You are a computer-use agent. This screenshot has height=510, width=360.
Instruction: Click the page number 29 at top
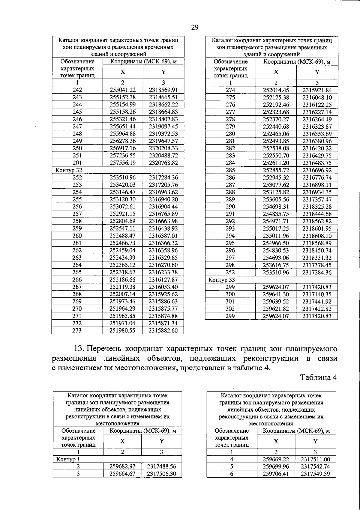tap(195, 28)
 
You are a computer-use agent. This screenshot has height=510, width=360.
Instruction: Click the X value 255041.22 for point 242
tap(123, 90)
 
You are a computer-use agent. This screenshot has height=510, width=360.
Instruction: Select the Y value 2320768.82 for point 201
tap(163, 163)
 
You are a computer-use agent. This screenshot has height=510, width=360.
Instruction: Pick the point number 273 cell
tap(77, 330)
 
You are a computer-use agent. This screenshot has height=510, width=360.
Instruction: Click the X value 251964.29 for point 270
tap(123, 309)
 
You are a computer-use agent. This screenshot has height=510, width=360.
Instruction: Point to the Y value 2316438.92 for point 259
tap(163, 228)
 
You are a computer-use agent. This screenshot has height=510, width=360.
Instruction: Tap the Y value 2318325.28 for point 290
tap(317, 207)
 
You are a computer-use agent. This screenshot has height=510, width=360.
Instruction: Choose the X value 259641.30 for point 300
tap(276, 294)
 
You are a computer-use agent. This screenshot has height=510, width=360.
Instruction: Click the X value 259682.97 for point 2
tap(122, 467)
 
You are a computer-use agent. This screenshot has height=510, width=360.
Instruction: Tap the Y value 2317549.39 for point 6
tap(315, 474)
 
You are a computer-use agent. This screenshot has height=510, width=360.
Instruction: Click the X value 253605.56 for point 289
tap(276, 199)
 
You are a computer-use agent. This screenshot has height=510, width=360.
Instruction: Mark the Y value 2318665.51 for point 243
tap(163, 97)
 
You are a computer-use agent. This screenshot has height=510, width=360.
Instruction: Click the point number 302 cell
tap(230, 309)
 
